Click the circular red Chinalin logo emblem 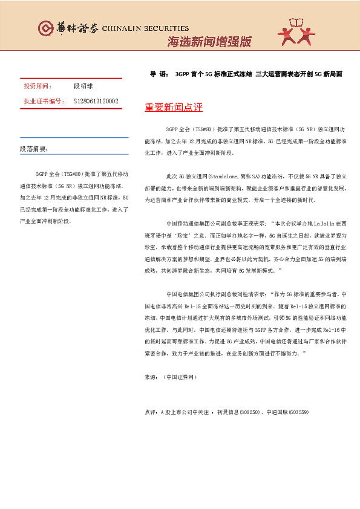(x=45, y=28)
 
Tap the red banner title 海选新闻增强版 (x=209, y=42)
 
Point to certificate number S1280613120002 (x=96, y=101)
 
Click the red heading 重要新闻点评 (x=174, y=108)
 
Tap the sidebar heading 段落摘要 (x=34, y=149)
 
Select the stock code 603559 (x=298, y=412)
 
